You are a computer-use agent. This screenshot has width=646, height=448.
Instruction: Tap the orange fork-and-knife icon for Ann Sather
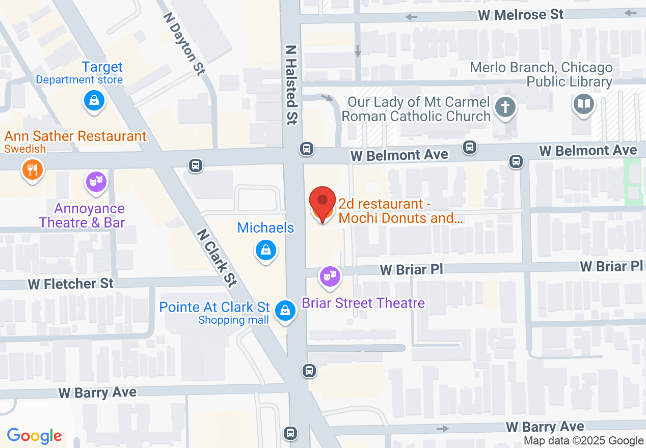[x=32, y=170]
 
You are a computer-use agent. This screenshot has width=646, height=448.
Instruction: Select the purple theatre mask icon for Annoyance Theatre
[x=96, y=181]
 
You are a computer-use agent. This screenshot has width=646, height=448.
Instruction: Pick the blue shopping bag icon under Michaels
[x=265, y=250]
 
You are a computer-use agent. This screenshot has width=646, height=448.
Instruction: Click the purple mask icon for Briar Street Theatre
[x=330, y=276]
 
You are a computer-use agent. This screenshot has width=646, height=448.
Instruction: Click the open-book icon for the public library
[x=583, y=105]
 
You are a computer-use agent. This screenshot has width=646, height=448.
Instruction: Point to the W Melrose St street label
[x=521, y=15]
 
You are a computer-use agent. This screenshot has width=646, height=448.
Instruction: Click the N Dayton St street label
[x=184, y=43]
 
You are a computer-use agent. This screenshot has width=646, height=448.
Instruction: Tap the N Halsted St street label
[x=291, y=85]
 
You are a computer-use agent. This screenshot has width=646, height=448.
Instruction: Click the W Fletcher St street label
[x=71, y=284]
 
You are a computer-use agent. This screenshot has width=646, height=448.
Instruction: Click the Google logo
[x=34, y=436]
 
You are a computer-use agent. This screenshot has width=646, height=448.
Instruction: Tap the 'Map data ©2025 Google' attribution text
[x=583, y=441]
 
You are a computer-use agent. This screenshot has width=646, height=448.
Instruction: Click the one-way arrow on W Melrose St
[x=411, y=17]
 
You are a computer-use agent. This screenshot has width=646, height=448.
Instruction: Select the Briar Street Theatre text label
[x=363, y=303]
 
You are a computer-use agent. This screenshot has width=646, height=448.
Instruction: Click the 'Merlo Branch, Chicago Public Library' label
[x=541, y=74]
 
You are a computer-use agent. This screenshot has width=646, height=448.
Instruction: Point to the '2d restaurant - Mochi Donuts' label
[x=400, y=211]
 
